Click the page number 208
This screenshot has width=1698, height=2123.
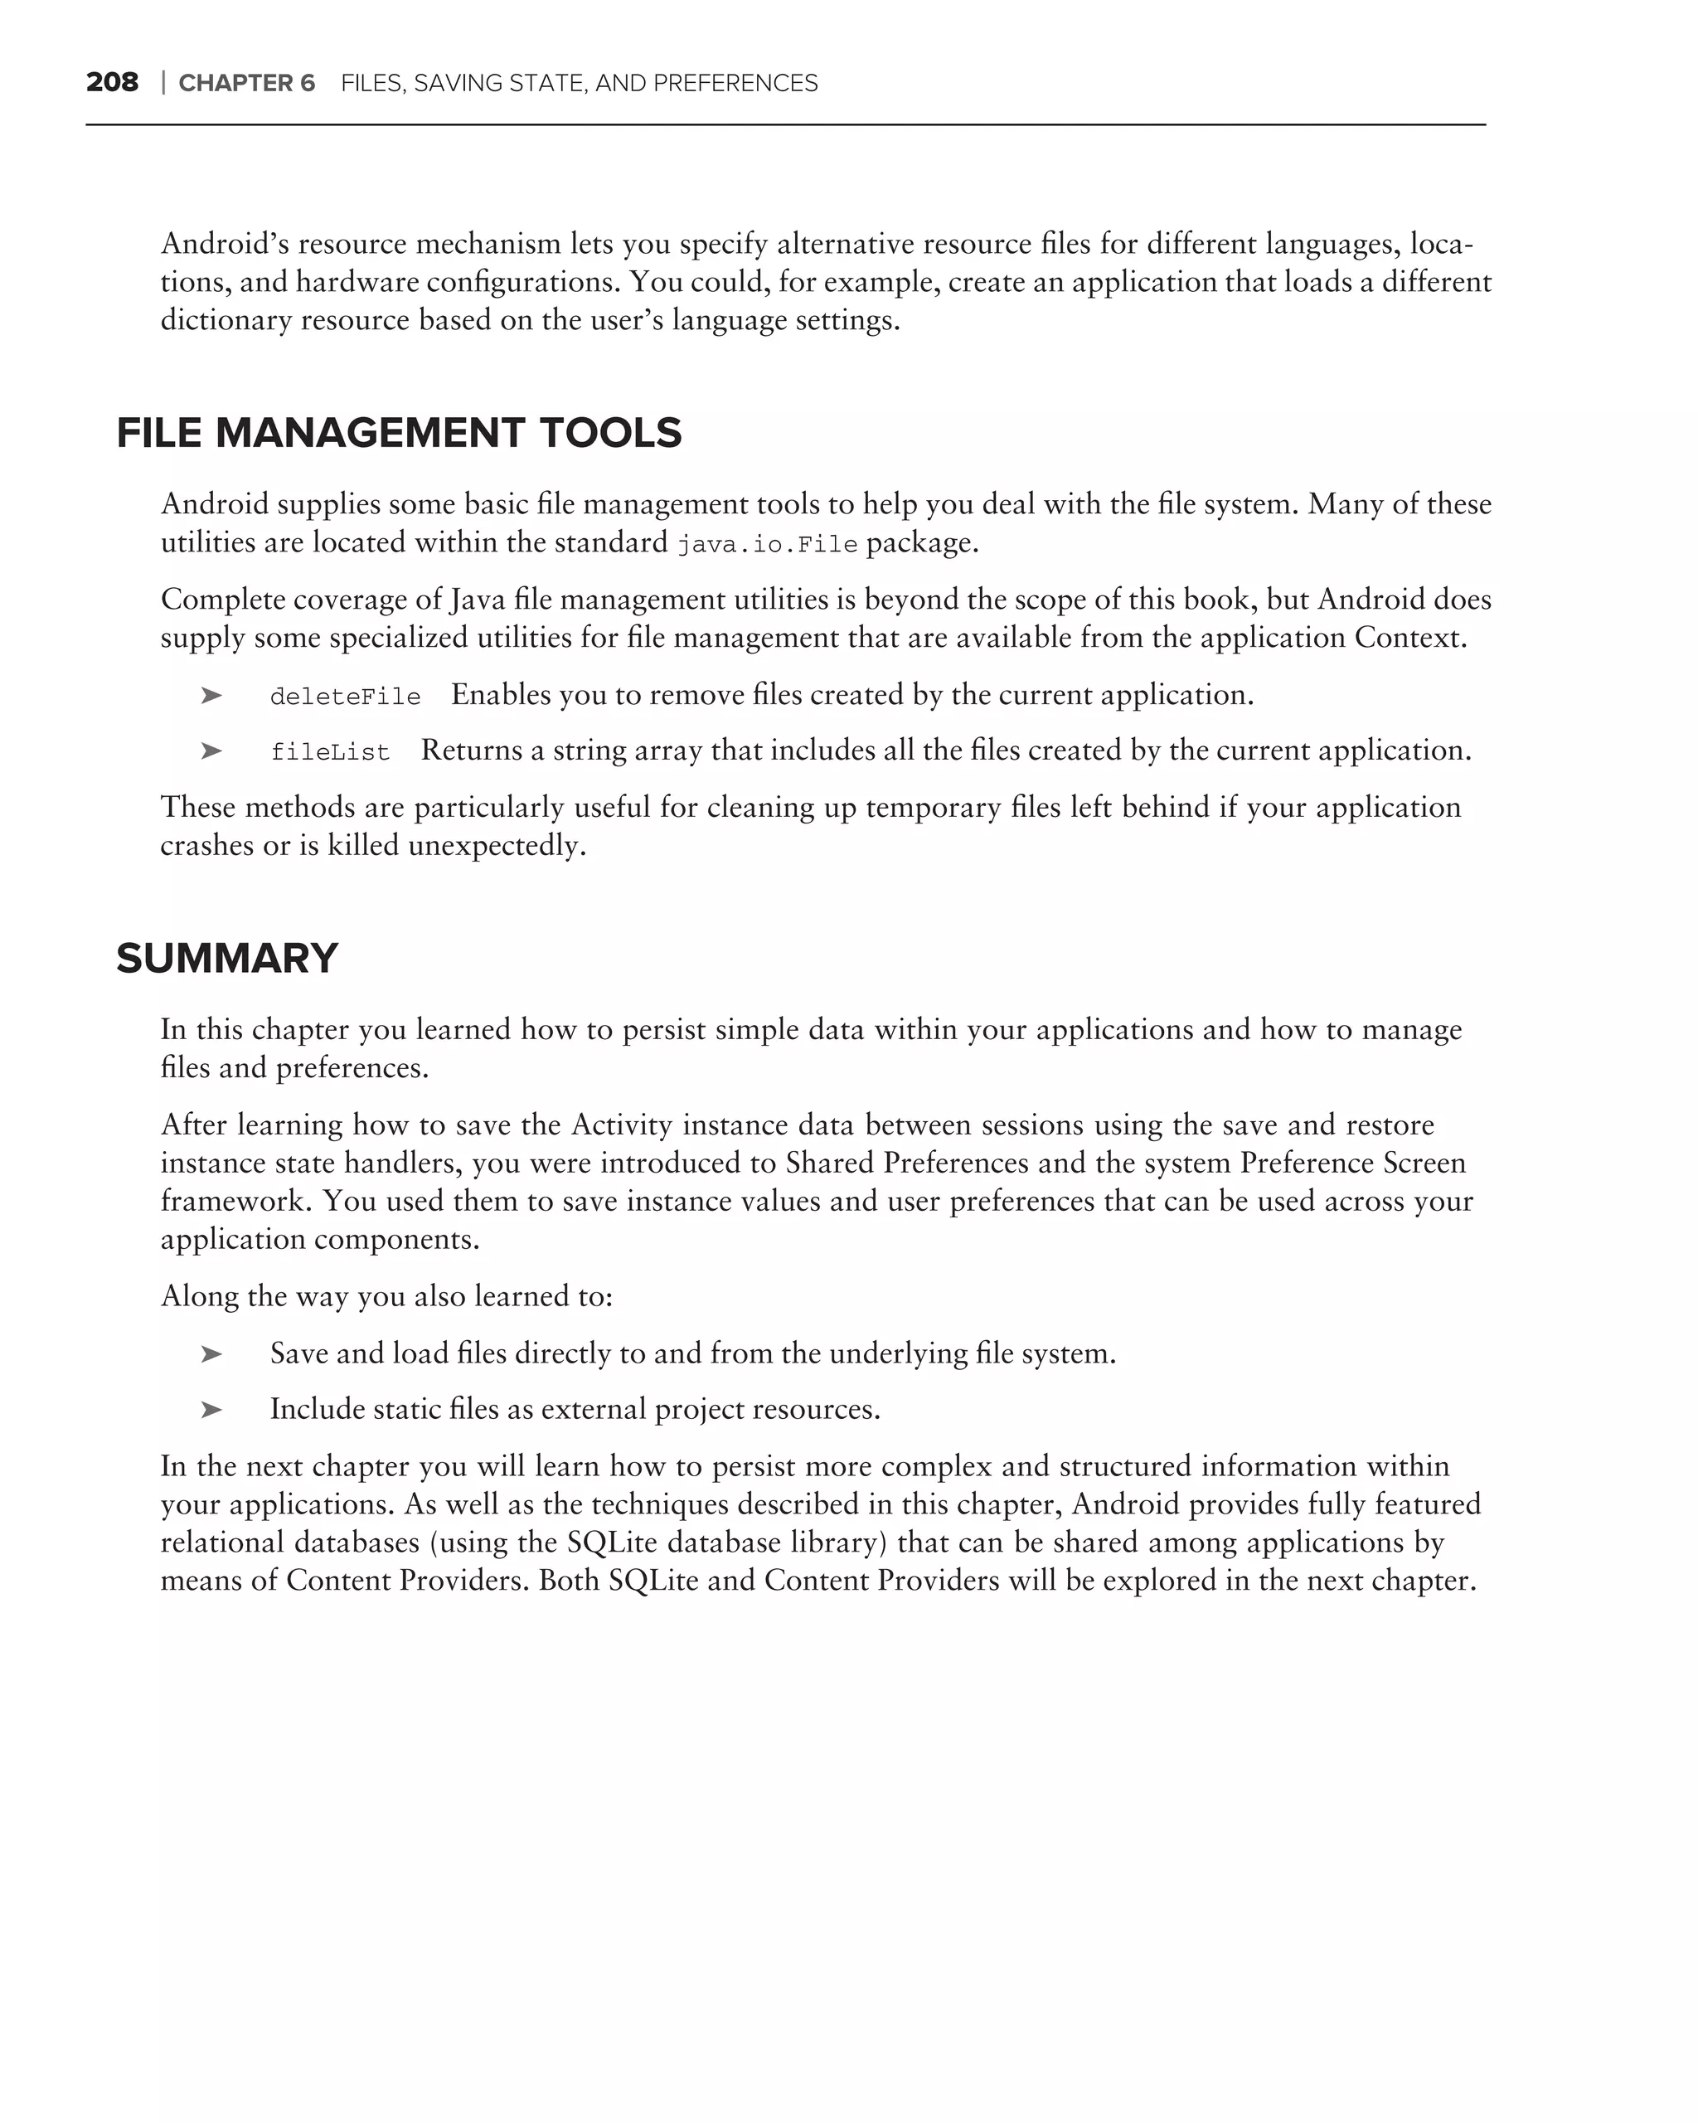(x=112, y=83)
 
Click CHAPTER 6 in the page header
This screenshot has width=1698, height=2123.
(x=246, y=84)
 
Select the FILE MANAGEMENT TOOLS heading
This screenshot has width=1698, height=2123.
(x=399, y=433)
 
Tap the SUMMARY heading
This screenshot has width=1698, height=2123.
(x=226, y=958)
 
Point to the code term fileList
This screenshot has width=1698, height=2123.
(x=330, y=752)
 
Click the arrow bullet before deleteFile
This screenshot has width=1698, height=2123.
(x=211, y=695)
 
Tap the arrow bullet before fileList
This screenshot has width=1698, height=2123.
(x=211, y=751)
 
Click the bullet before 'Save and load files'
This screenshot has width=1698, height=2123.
(x=211, y=1354)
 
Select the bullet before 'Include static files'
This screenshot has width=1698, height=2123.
(x=211, y=1410)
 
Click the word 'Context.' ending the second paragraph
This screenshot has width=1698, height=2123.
(x=1409, y=638)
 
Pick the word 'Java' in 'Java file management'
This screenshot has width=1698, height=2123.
(x=478, y=600)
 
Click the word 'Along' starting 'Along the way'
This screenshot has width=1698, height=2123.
(x=199, y=1296)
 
